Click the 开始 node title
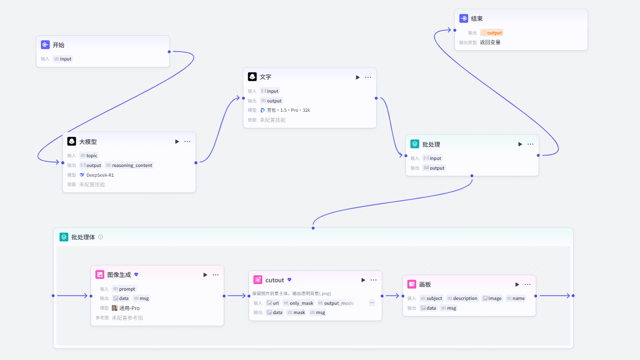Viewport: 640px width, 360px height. click(58, 45)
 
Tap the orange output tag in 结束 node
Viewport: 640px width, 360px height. click(492, 33)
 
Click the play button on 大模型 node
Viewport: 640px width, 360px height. click(177, 141)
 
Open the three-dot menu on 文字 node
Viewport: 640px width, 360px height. click(368, 77)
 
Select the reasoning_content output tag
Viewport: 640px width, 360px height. click(129, 165)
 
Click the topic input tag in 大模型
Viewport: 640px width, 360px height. click(89, 155)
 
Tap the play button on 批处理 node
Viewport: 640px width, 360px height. click(520, 144)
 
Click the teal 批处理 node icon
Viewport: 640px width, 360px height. click(414, 144)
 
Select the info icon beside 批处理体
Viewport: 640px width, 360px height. click(101, 237)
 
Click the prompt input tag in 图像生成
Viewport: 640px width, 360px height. click(124, 289)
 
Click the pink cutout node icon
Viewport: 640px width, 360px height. click(258, 280)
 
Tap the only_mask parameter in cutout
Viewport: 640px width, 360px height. click(298, 303)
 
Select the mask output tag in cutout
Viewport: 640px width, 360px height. click(296, 312)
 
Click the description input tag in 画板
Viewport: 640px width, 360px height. click(462, 298)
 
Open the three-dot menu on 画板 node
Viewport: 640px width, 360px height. click(527, 284)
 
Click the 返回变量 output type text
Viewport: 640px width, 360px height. click(490, 42)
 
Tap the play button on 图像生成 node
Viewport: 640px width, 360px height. click(205, 275)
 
